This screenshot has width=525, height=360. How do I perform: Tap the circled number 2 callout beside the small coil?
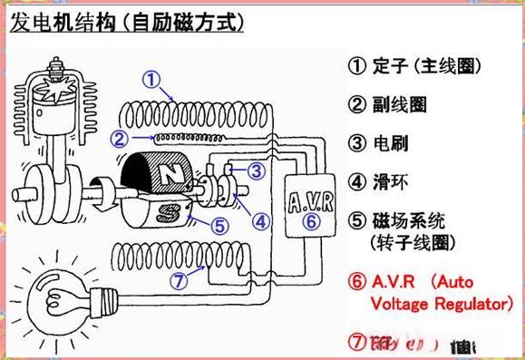[119, 138]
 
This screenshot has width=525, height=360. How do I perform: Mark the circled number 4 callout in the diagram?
[260, 219]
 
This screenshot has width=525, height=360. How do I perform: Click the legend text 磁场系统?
[413, 220]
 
